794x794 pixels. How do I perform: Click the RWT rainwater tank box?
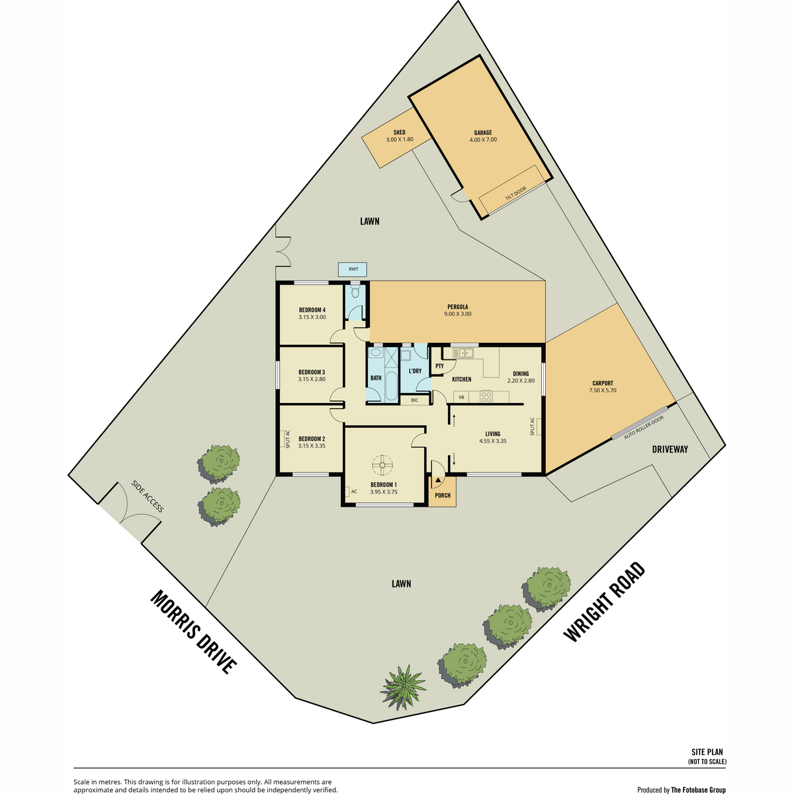(x=352, y=269)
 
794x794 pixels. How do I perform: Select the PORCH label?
(x=443, y=496)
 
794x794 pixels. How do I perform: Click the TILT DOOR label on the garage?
(x=515, y=194)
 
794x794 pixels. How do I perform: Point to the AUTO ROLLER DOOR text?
(x=644, y=427)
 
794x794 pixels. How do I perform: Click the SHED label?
(x=399, y=132)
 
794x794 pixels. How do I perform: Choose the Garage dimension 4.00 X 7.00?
(x=483, y=140)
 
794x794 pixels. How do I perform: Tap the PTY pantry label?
(x=439, y=366)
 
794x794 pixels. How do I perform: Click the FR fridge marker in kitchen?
(x=461, y=398)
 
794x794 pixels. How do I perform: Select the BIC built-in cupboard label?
(x=414, y=400)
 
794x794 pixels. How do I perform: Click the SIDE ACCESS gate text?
(x=148, y=496)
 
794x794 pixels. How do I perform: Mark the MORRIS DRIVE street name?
(x=194, y=632)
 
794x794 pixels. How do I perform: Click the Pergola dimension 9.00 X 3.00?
(x=457, y=314)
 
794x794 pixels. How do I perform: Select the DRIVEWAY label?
(x=670, y=449)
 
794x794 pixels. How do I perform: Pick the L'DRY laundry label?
(x=415, y=371)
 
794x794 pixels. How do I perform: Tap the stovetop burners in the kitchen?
(x=486, y=396)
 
